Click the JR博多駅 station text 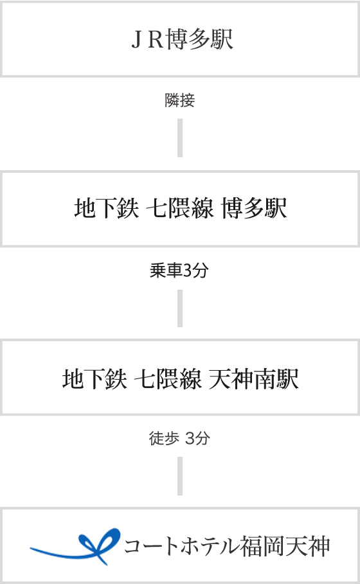(182, 39)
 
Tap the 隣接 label (179, 100)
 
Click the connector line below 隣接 (180, 137)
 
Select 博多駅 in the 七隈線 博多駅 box (254, 208)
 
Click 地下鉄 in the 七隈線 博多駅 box (106, 208)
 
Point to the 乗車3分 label (179, 270)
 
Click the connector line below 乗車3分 (180, 308)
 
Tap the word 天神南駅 (253, 379)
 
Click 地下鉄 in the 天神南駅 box (94, 379)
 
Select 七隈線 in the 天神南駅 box (168, 379)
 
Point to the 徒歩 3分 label (179, 438)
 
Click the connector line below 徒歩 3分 (180, 476)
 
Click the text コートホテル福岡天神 (227, 546)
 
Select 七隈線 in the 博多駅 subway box (179, 208)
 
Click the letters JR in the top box (148, 39)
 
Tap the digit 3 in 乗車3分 (188, 270)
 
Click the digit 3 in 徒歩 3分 (190, 438)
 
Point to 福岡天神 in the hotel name (285, 546)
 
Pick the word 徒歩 (164, 438)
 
